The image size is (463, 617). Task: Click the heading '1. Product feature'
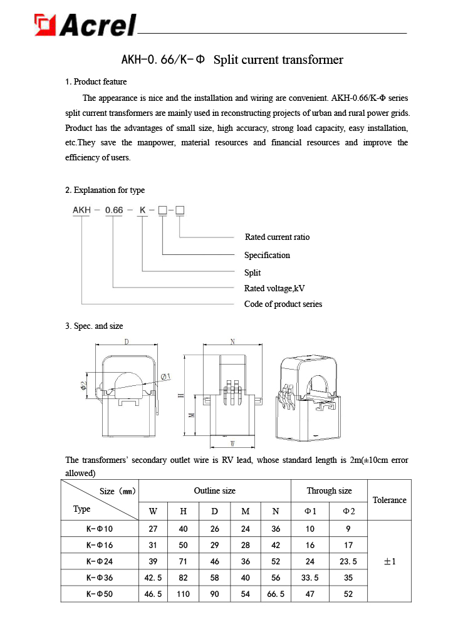point(96,81)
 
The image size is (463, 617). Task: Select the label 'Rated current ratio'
point(277,237)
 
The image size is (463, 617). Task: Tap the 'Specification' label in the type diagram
point(267,255)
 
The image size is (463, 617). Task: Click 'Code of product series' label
point(283,304)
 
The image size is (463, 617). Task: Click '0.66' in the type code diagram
point(113,210)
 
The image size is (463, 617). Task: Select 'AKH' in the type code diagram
point(81,210)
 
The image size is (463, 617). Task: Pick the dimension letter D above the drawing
point(127,342)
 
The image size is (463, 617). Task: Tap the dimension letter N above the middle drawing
point(232,342)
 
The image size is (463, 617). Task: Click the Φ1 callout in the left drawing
point(166,376)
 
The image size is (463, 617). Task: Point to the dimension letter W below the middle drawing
point(232,444)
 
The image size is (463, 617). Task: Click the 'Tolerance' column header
point(389,500)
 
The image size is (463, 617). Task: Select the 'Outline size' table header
point(214,490)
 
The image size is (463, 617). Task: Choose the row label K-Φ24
point(100,561)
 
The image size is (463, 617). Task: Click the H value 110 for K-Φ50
point(184,593)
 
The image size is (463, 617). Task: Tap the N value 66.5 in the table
point(276,593)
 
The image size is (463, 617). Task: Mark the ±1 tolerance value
point(389,561)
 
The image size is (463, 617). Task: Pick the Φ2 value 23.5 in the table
point(348,561)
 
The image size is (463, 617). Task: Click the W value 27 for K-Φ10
point(153,529)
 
